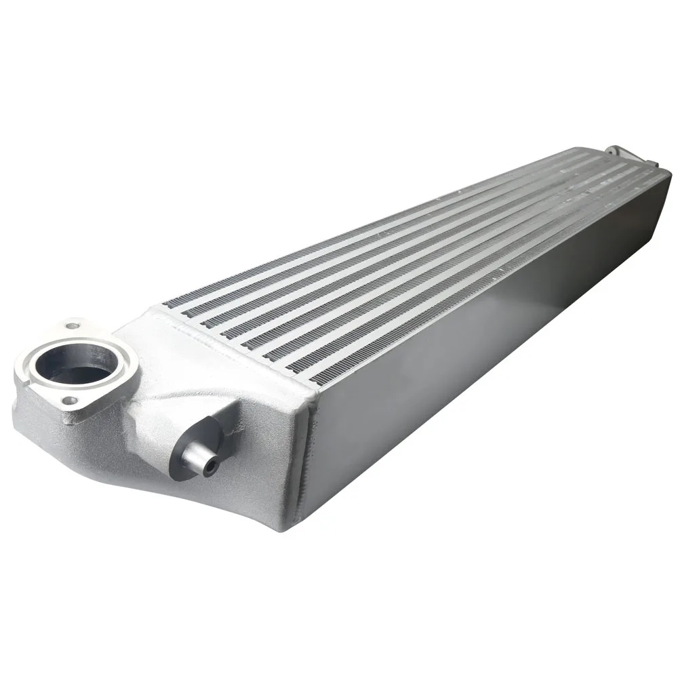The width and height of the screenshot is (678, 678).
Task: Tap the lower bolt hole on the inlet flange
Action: click(67, 401)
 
